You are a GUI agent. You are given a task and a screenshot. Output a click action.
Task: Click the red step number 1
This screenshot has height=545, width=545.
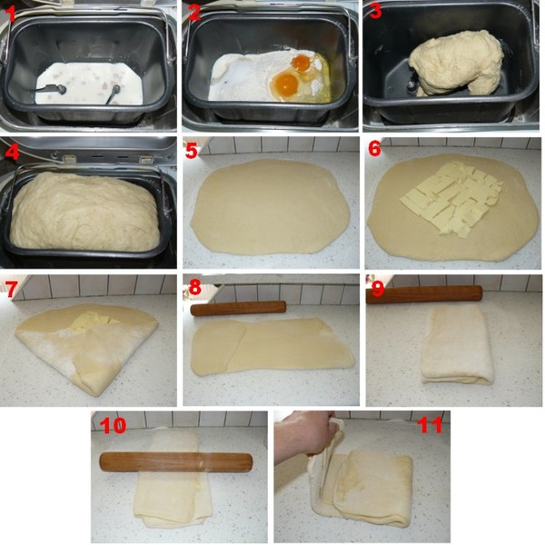pos(11,14)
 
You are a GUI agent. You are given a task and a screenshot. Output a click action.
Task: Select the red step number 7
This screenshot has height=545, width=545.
pos(11,288)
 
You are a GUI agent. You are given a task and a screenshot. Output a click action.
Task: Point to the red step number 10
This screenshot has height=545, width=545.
pos(113,425)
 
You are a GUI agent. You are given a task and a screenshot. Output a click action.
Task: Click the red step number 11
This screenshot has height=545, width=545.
pos(431,425)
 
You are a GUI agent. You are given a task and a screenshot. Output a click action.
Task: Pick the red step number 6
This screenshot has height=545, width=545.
pos(375,148)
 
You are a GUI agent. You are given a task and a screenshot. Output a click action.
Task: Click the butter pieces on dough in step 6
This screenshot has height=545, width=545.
pos(451,199)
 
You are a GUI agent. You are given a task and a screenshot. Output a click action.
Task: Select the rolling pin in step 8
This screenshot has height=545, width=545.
pos(238,309)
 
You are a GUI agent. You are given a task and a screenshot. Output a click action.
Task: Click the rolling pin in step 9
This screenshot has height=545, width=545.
pos(424,294)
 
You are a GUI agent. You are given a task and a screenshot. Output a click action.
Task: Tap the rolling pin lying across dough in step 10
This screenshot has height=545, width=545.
pos(176,462)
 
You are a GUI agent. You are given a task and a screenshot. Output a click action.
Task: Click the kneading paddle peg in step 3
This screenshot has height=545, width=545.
pos(411,85)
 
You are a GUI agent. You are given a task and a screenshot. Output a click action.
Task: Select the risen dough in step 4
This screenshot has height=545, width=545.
pos(84,212)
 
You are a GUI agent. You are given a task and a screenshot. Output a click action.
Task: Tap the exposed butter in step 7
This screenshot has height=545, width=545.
pos(91,321)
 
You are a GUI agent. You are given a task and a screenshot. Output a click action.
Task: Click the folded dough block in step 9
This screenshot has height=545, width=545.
pos(456,345)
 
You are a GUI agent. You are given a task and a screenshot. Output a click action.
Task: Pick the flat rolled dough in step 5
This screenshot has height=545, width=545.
pos(270,206)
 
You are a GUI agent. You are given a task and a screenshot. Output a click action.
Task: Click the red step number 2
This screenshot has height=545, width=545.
pos(194,14)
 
